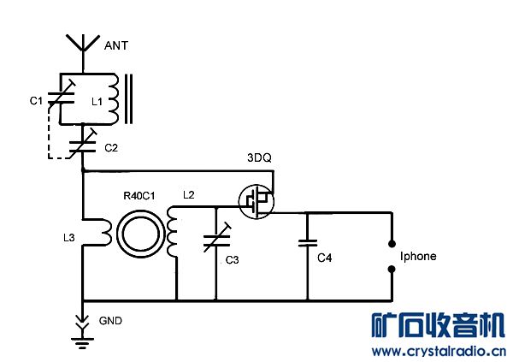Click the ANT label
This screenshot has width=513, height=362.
click(116, 45)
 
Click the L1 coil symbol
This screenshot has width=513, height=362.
click(113, 99)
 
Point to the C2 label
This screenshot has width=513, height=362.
click(111, 148)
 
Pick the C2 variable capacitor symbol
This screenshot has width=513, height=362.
click(83, 144)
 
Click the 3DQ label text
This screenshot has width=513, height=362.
click(259, 158)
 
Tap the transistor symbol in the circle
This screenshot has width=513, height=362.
click(256, 201)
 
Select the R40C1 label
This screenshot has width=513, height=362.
click(139, 196)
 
